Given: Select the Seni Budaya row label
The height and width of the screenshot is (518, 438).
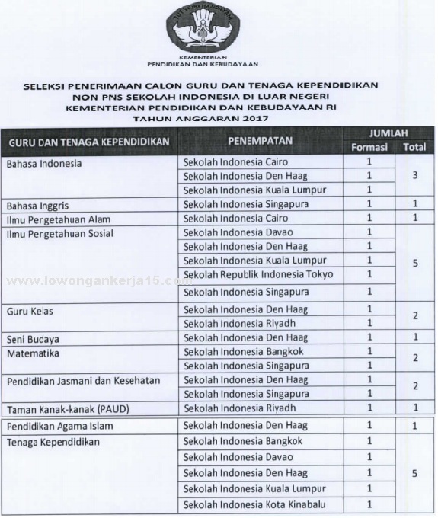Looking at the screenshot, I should (x=33, y=337).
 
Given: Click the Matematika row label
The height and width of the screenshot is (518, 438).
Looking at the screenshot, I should (x=32, y=353).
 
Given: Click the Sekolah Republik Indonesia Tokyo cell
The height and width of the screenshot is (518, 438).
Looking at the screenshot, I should (x=258, y=273).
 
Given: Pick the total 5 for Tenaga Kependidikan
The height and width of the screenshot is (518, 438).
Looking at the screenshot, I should (x=414, y=473).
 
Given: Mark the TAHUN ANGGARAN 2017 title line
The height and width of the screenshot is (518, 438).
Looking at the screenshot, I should (x=219, y=117).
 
